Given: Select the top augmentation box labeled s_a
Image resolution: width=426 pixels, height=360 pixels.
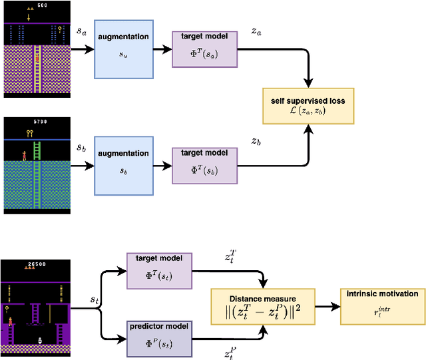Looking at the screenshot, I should (x=123, y=50).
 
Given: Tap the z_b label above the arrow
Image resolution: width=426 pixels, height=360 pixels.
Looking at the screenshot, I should (x=256, y=142).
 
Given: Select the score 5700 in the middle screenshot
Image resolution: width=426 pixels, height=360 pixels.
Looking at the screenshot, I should (x=39, y=122).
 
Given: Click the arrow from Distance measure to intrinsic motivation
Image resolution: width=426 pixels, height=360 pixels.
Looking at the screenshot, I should (x=324, y=307).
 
